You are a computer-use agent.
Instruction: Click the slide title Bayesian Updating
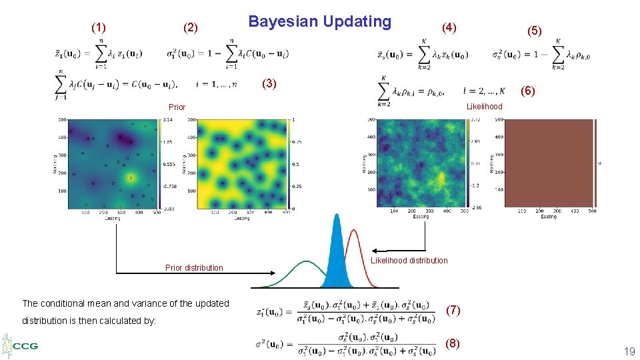[319, 21]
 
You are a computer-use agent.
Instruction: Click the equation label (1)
[98, 27]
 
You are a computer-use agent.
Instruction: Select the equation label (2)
[191, 27]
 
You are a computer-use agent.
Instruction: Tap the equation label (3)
[269, 83]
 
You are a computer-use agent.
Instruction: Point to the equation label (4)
[449, 27]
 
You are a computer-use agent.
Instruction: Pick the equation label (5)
[535, 31]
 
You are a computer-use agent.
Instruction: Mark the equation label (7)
[453, 310]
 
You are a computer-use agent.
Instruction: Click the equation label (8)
[453, 343]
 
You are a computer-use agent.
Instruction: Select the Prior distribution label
[194, 268]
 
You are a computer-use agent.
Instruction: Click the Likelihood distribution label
[409, 261]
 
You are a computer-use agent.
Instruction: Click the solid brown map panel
[549, 163]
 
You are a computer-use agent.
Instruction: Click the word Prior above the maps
[177, 107]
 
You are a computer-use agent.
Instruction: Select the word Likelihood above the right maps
[484, 107]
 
